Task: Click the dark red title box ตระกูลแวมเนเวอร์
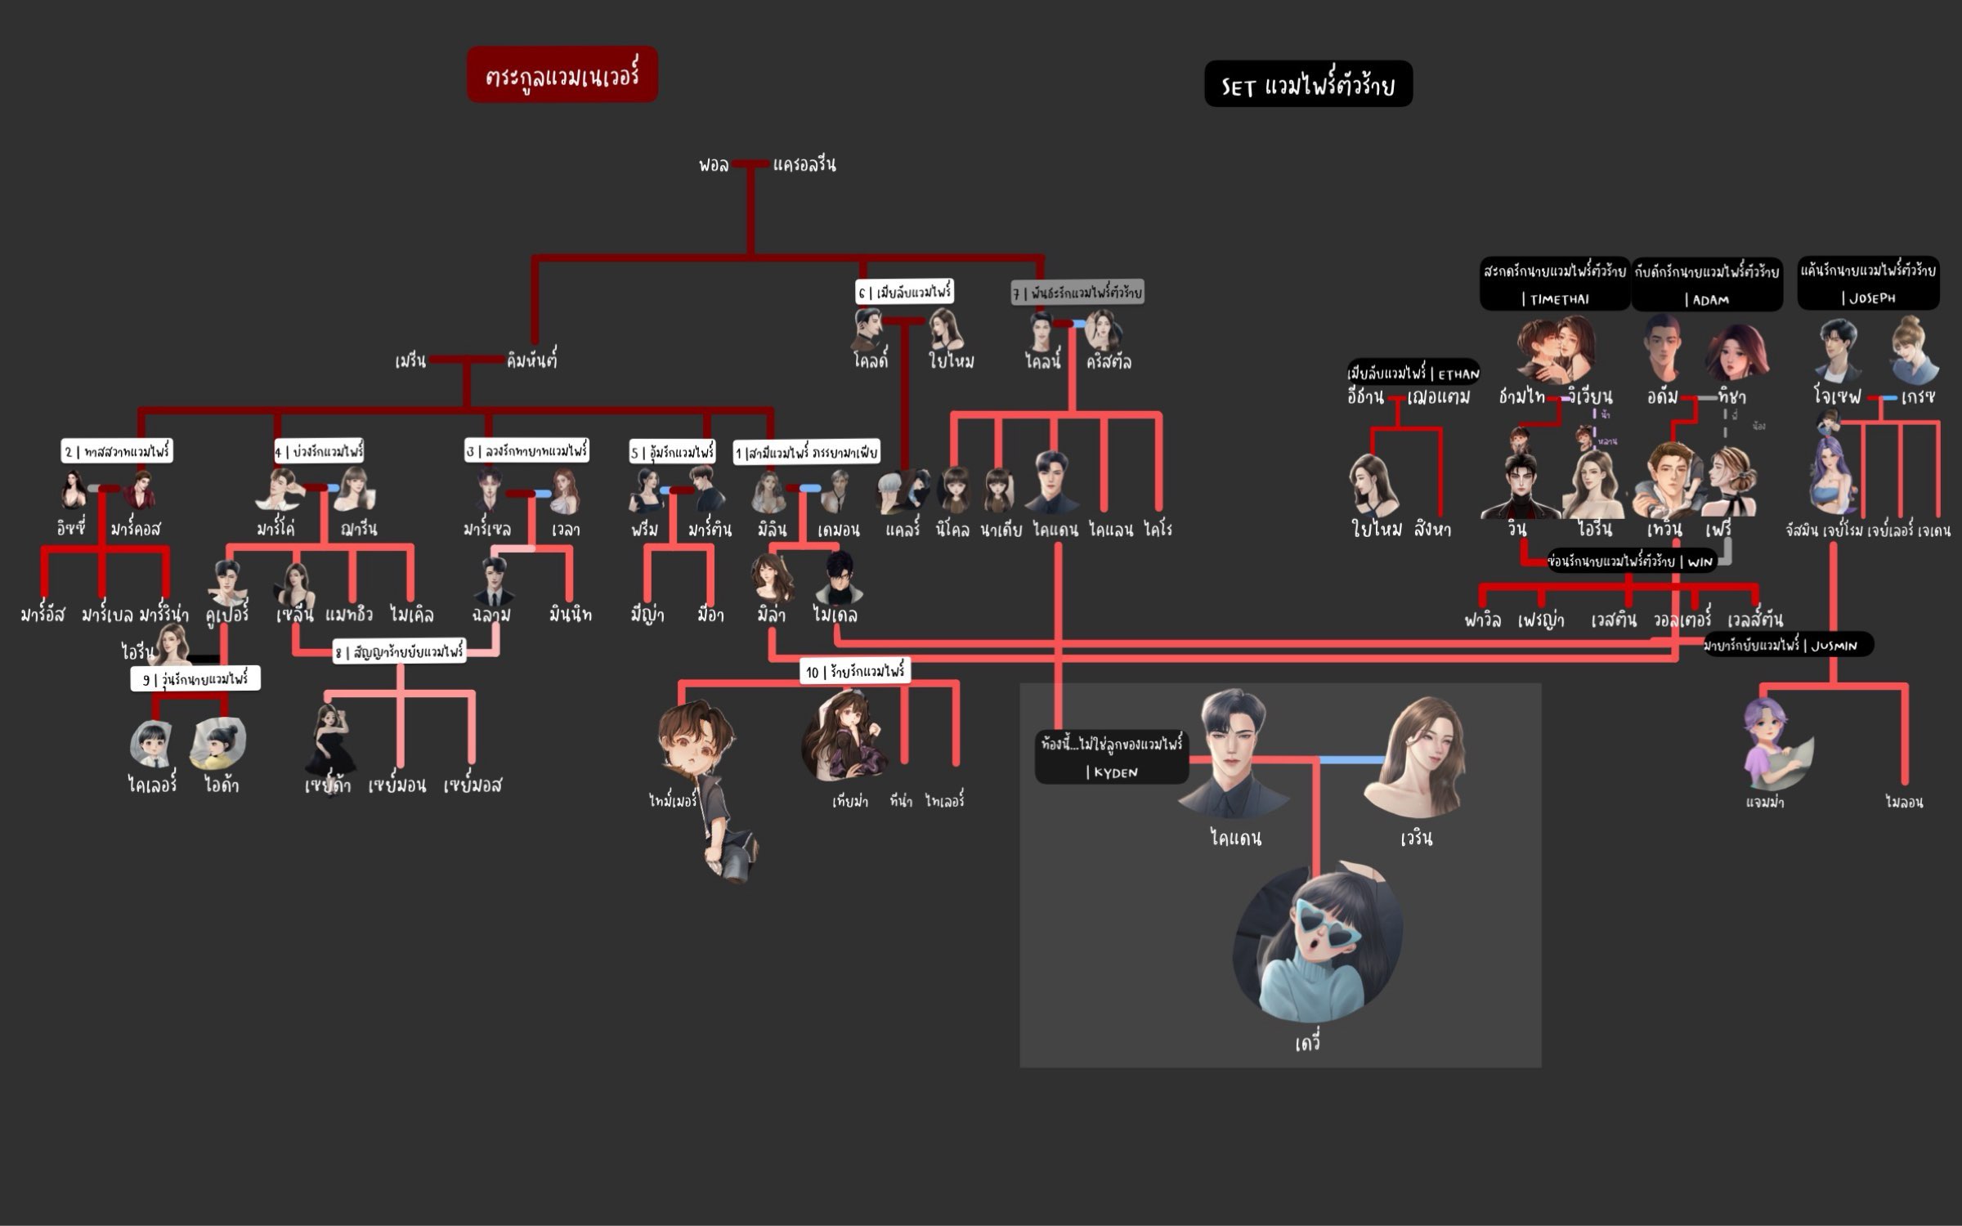click(x=562, y=75)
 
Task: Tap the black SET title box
click(x=1308, y=84)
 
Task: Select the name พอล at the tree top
click(x=713, y=164)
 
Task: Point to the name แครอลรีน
click(x=804, y=164)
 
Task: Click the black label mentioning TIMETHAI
click(x=1554, y=284)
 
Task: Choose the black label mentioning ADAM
click(x=1707, y=284)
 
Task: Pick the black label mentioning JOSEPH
click(x=1868, y=283)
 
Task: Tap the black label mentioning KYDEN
click(x=1111, y=757)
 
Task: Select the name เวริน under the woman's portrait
click(x=1416, y=838)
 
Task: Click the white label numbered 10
click(x=855, y=672)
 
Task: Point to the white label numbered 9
click(x=195, y=679)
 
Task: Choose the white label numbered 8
click(x=399, y=652)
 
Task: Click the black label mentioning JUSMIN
click(x=1789, y=645)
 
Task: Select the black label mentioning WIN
click(x=1631, y=562)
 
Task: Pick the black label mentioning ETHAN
click(x=1413, y=374)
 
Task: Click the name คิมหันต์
click(x=531, y=360)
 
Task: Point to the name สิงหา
click(x=1432, y=529)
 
